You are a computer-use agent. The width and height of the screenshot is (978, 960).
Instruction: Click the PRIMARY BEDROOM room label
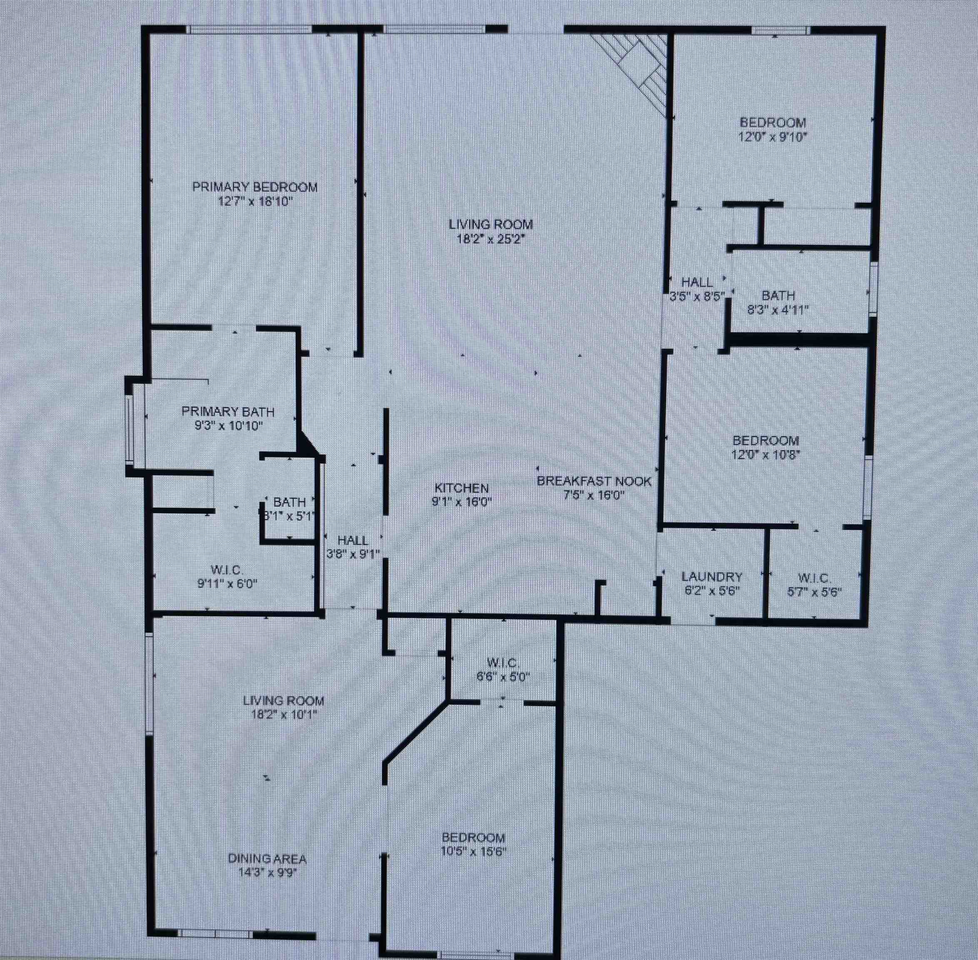pyautogui.click(x=255, y=187)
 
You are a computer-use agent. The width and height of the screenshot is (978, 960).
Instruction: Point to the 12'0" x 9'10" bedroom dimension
pyautogui.click(x=773, y=137)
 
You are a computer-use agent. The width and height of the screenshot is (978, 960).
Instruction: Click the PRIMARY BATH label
pyautogui.click(x=228, y=411)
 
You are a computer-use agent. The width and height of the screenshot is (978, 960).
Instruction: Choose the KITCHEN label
pyautogui.click(x=462, y=488)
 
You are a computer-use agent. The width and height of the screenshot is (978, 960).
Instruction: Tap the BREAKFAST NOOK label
pyautogui.click(x=594, y=481)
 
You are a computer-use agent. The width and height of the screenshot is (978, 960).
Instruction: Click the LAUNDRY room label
pyautogui.click(x=712, y=577)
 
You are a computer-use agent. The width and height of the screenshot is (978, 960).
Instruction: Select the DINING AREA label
pyautogui.click(x=267, y=858)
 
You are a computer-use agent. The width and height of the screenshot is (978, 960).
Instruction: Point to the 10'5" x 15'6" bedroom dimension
pyautogui.click(x=473, y=852)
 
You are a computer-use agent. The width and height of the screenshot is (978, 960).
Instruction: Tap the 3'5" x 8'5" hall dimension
pyautogui.click(x=697, y=297)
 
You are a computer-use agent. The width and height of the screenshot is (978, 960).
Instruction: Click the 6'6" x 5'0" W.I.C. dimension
pyautogui.click(x=503, y=677)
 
